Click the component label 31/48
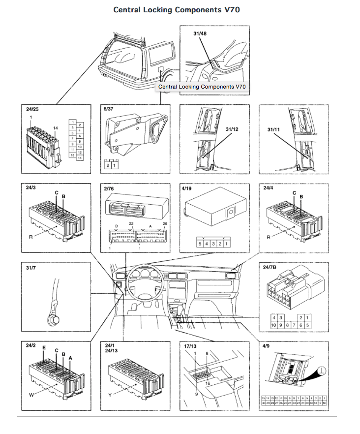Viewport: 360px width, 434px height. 201,33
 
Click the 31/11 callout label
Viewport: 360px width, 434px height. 273,129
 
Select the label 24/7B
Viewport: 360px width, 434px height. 270,267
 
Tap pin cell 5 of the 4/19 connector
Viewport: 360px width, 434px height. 199,244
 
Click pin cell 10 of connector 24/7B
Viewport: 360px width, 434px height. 273,325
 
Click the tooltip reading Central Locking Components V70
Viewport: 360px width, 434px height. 201,87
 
